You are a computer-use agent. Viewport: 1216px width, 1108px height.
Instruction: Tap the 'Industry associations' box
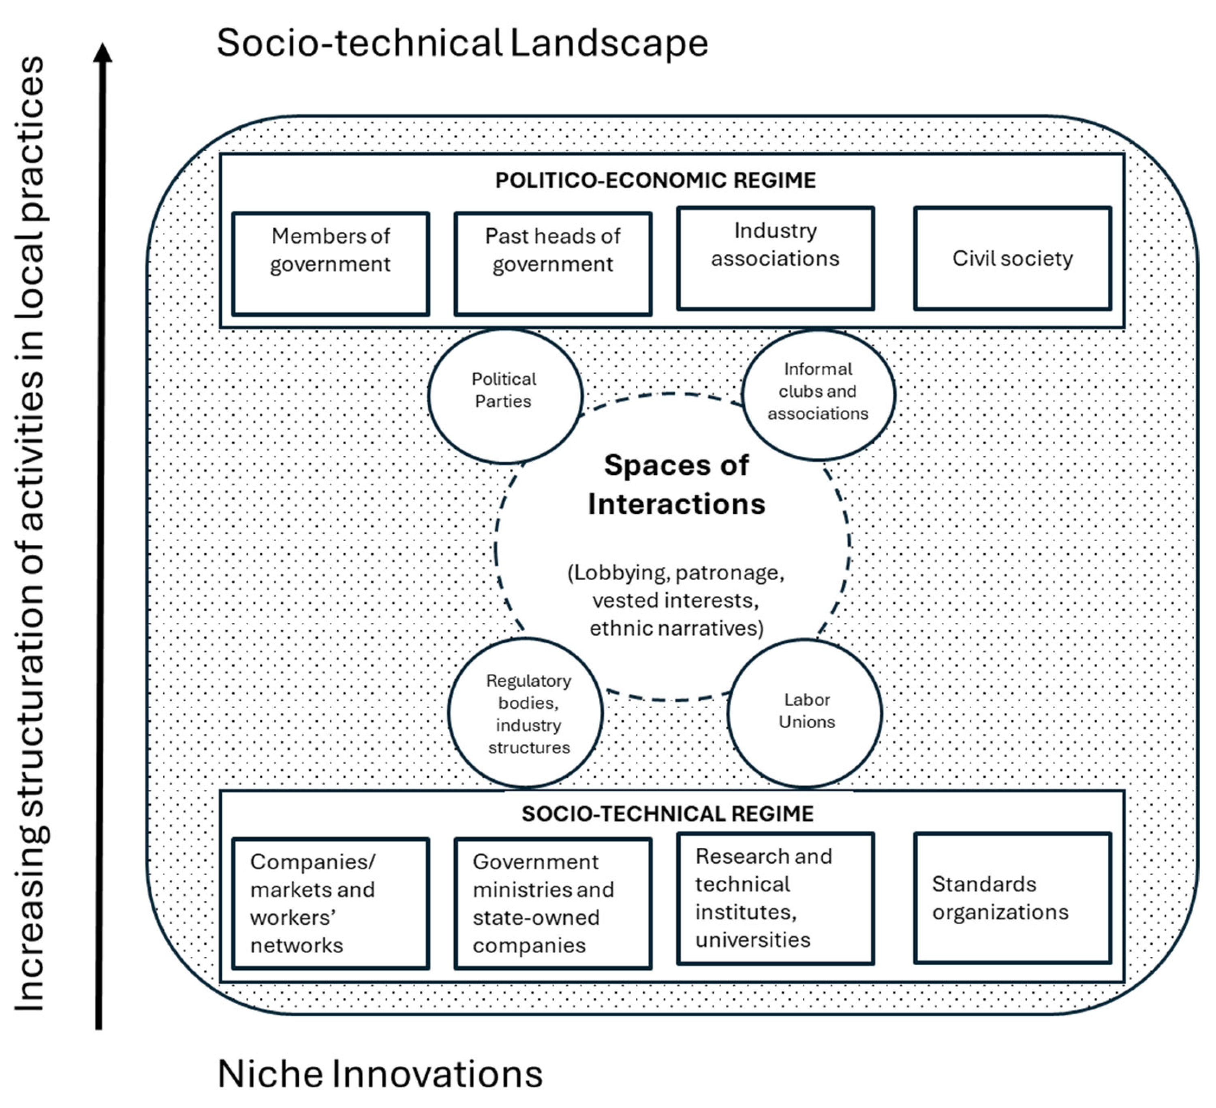pos(775,258)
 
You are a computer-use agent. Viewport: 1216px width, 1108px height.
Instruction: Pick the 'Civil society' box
pos(1012,258)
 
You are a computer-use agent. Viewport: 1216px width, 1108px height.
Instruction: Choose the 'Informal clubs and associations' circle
pos(818,395)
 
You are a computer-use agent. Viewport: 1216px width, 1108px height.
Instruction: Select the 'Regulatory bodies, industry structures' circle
pos(526,713)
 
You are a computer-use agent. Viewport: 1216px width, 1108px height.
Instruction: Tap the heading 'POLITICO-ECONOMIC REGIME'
pos(655,180)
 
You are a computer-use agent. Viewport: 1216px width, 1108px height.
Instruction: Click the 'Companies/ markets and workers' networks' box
pos(331,903)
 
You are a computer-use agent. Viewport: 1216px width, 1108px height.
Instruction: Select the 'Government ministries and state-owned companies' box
pos(553,903)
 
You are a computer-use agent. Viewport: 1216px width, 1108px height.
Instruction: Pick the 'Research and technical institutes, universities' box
pos(775,898)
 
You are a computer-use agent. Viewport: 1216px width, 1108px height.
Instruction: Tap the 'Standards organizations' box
pos(1012,898)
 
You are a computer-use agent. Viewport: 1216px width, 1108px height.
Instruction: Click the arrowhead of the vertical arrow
pos(103,53)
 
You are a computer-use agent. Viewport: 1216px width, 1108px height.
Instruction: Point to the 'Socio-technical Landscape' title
pos(462,43)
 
